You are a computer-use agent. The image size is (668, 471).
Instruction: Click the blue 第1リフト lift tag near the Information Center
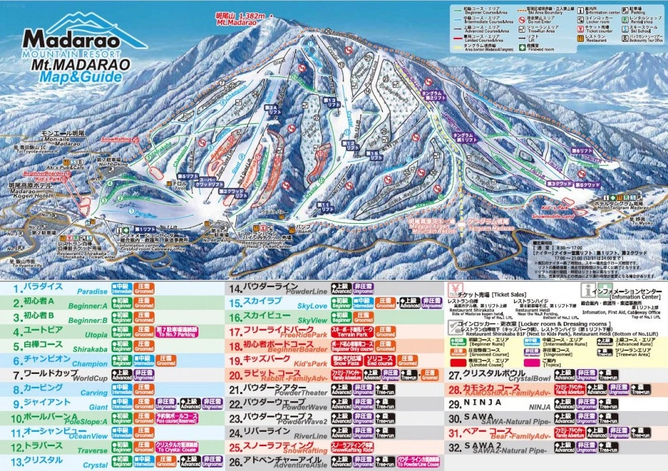point(146,230)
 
